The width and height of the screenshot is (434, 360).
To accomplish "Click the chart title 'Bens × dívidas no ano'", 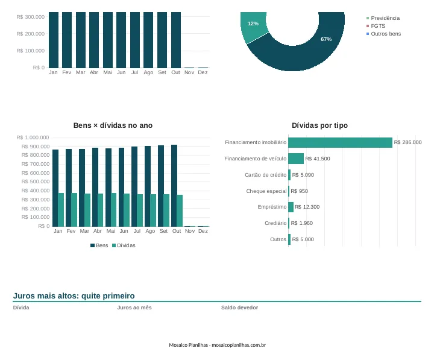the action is [113, 125].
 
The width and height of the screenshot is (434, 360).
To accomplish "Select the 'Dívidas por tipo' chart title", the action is [319, 125].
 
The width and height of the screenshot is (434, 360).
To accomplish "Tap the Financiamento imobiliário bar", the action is [340, 142].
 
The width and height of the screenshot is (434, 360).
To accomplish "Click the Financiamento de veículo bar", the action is [296, 159].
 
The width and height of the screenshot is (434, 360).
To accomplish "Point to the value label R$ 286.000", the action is [407, 142].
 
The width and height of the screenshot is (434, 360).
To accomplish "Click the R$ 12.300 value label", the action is [307, 207].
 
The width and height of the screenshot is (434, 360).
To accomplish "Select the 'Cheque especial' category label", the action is [266, 191].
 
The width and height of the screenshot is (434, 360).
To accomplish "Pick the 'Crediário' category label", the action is [275, 223].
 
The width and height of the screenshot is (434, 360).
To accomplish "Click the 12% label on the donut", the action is [253, 24].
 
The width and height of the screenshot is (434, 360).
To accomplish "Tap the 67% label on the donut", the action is [326, 39].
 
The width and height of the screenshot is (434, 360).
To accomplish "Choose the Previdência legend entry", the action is [383, 18].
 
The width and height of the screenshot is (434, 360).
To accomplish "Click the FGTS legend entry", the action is [376, 26].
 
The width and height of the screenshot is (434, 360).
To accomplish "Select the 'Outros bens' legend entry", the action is [383, 34].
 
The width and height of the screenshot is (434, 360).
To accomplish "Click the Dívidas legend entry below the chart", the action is [124, 245].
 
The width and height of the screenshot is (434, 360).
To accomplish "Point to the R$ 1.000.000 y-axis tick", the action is [33, 137].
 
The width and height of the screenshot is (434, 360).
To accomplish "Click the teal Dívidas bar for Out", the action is [180, 210].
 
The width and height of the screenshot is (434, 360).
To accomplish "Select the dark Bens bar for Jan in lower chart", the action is [55, 188].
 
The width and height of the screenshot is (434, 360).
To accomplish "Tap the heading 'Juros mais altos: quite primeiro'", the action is [74, 295].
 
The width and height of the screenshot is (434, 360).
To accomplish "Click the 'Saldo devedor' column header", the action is [239, 308].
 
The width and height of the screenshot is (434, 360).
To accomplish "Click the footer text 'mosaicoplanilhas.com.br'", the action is [239, 345].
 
